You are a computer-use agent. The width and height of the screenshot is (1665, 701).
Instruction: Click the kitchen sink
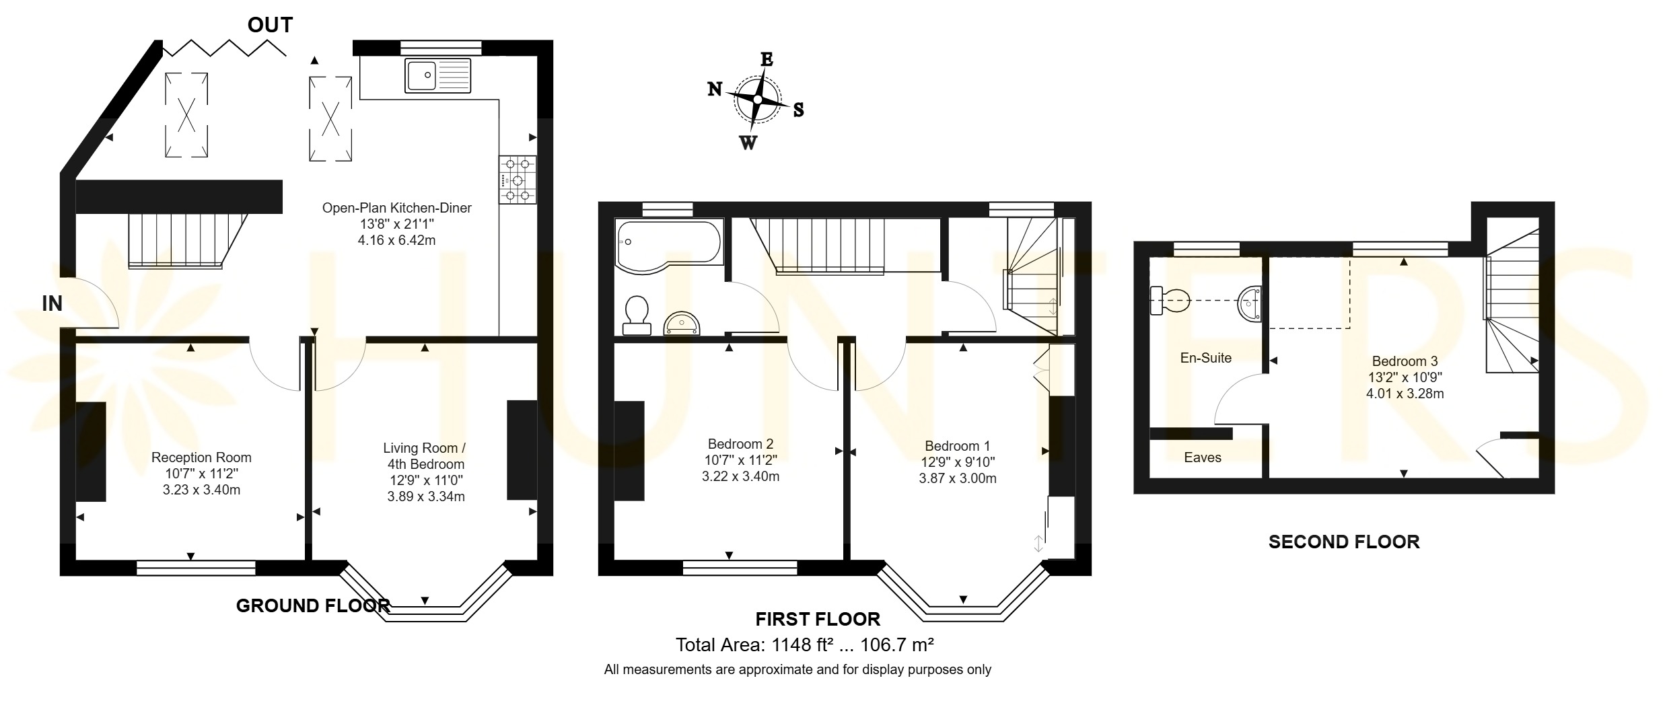[x=438, y=75]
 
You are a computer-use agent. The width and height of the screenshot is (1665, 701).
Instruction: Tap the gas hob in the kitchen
[x=518, y=180]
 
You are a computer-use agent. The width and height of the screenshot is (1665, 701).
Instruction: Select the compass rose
[x=756, y=100]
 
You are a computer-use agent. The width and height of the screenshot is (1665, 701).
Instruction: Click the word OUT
[x=270, y=26]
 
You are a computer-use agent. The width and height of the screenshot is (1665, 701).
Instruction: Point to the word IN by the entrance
[x=52, y=304]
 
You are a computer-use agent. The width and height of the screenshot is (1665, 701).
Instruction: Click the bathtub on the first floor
[x=668, y=246]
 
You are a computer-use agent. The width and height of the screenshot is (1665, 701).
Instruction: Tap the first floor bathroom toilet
[x=637, y=316]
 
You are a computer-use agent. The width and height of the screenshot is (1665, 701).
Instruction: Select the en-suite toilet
[x=1170, y=300]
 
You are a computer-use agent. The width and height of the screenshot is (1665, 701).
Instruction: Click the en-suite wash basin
[x=1250, y=304]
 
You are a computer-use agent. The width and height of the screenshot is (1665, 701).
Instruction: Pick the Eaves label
[x=1202, y=457]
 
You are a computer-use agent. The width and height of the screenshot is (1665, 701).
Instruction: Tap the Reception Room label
[x=201, y=457]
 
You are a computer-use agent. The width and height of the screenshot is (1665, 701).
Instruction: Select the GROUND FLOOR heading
[x=313, y=605]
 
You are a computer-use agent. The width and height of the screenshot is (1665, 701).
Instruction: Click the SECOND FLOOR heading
[x=1344, y=542]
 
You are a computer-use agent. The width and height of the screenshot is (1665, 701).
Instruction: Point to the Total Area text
[x=804, y=645]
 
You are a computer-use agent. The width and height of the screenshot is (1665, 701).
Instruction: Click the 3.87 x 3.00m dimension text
[x=958, y=479]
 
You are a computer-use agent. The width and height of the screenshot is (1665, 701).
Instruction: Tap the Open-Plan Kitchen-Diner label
[x=397, y=208]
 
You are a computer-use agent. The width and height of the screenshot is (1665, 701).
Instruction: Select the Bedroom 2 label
[x=740, y=444]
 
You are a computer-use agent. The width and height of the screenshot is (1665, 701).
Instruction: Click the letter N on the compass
[x=715, y=89]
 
